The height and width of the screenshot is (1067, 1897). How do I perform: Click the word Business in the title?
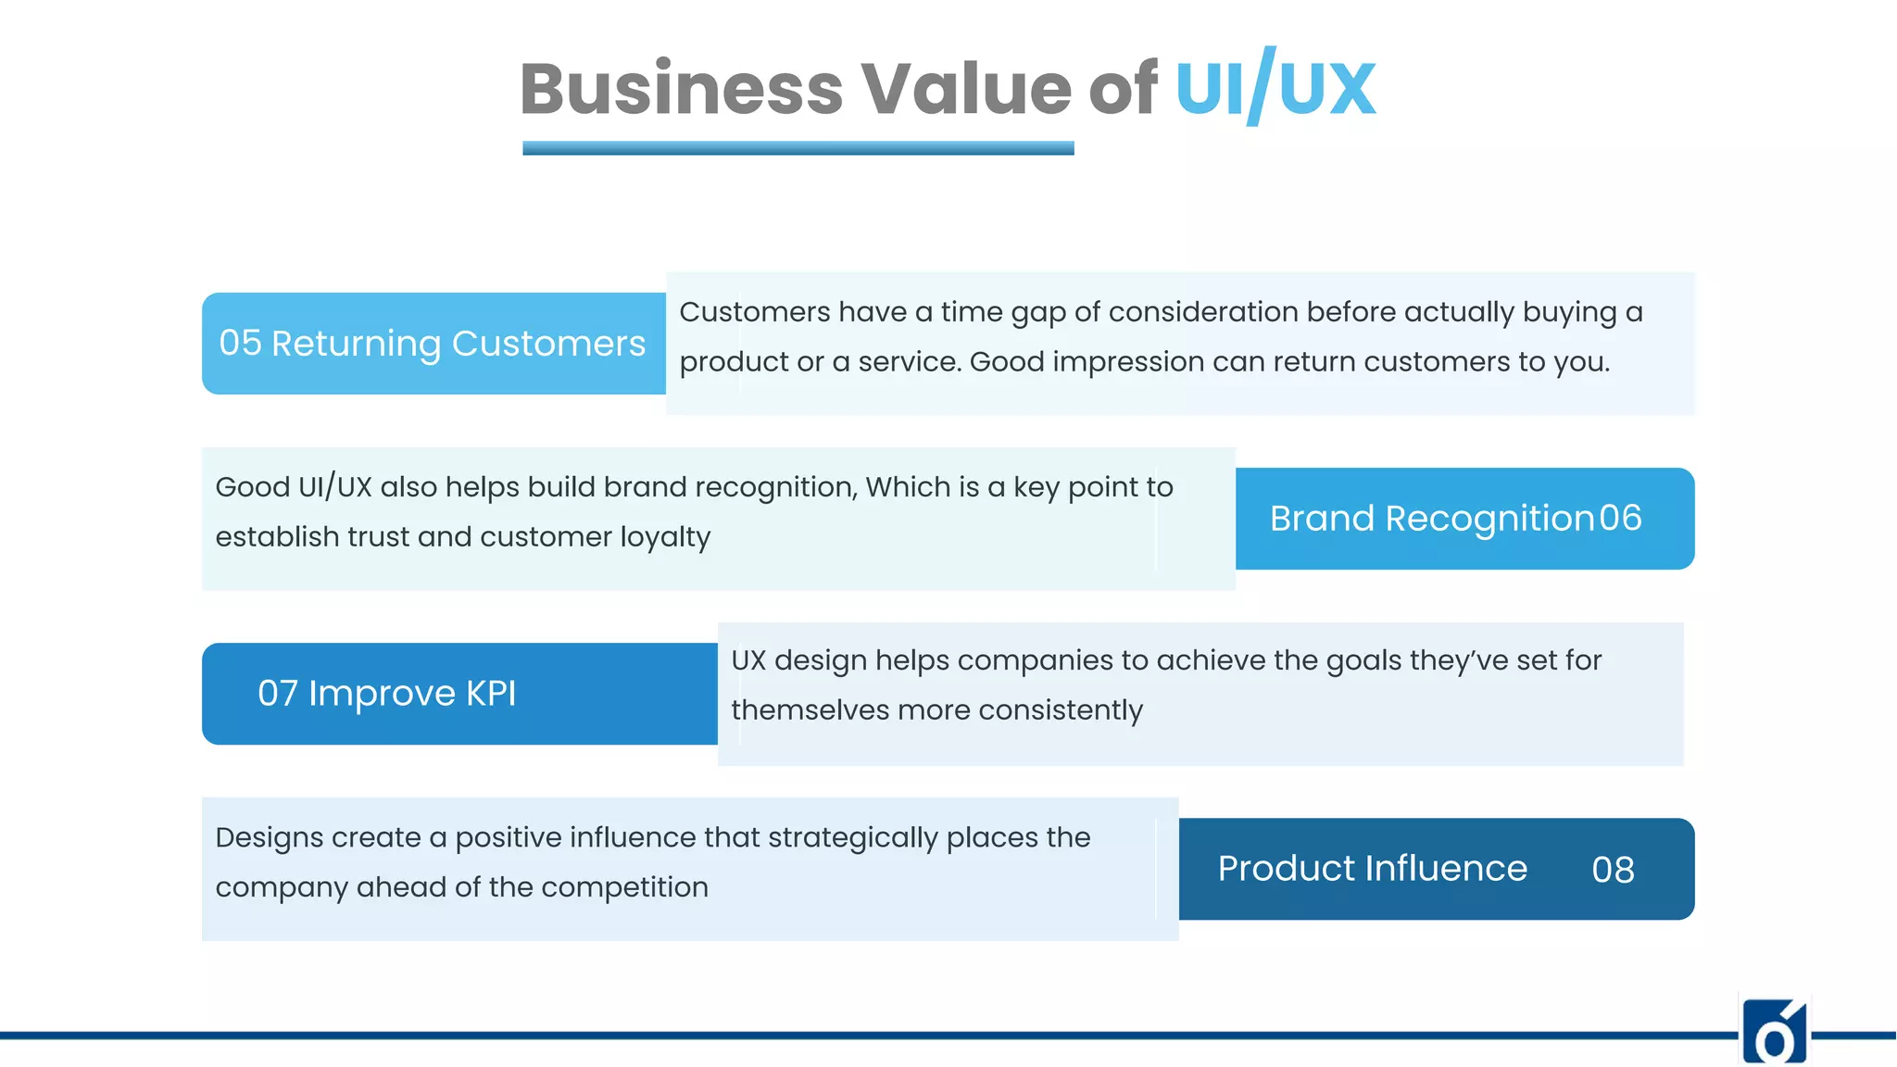pos(681,89)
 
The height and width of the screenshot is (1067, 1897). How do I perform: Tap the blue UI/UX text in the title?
pos(1275,89)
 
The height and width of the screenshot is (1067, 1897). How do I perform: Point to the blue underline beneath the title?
pos(798,148)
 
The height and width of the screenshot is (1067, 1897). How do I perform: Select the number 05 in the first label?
pos(240,344)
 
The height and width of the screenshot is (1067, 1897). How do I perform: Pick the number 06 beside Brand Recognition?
pos(1620,519)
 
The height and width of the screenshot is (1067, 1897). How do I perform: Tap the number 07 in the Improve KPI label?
pos(278,694)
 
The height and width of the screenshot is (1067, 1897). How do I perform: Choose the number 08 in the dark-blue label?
pos(1613,870)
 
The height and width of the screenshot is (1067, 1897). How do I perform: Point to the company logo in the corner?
pos(1774,1032)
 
